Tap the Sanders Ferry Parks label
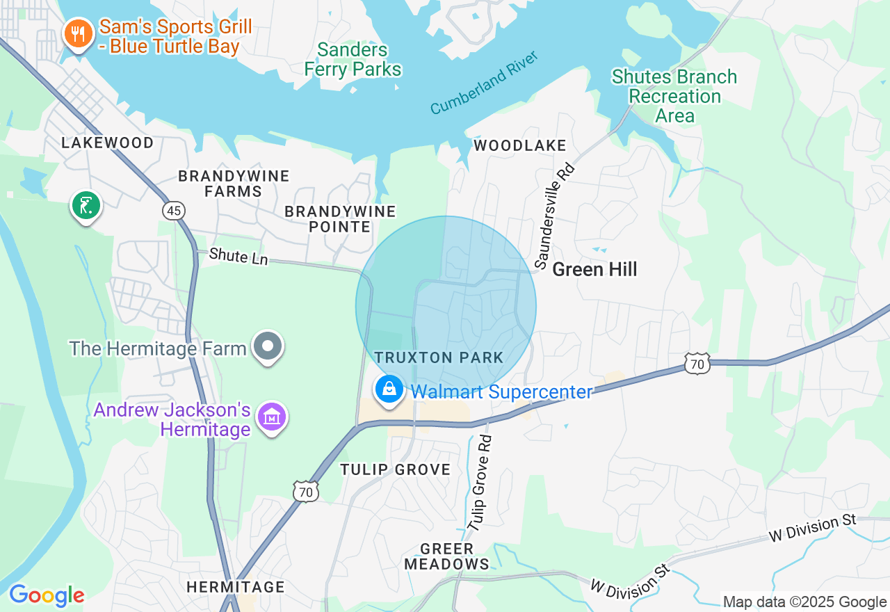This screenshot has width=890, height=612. pyautogui.click(x=353, y=60)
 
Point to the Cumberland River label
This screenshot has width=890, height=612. pyautogui.click(x=484, y=83)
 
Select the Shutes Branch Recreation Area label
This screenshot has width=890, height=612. pyautogui.click(x=674, y=96)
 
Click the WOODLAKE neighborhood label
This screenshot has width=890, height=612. pyautogui.click(x=520, y=145)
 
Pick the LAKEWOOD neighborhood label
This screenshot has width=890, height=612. pyautogui.click(x=108, y=143)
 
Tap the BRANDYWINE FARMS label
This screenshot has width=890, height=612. pyautogui.click(x=234, y=184)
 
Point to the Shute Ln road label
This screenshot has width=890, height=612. pyautogui.click(x=238, y=256)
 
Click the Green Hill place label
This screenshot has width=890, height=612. pyautogui.click(x=594, y=270)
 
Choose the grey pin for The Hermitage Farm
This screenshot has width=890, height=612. pyautogui.click(x=268, y=346)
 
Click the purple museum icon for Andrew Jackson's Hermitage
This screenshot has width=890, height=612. pyautogui.click(x=272, y=418)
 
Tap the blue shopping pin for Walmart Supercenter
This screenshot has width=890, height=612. pyautogui.click(x=389, y=389)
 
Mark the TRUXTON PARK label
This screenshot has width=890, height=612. pyautogui.click(x=439, y=357)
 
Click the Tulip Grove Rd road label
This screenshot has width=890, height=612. pyautogui.click(x=480, y=484)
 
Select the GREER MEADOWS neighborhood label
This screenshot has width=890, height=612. pyautogui.click(x=447, y=556)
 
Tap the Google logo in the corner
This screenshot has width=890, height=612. pyautogui.click(x=47, y=595)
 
